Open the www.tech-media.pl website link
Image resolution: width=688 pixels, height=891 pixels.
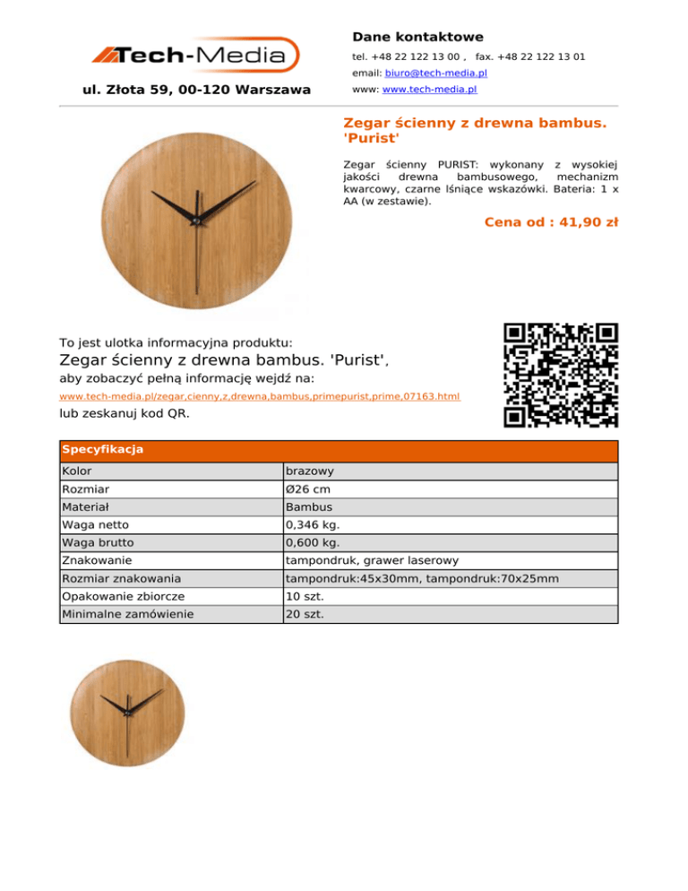[x=429, y=91]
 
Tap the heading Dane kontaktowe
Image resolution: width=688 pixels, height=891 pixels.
[x=417, y=37]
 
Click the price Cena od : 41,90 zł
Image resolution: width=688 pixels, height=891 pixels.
[x=551, y=222]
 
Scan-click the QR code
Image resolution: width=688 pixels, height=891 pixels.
[x=561, y=375]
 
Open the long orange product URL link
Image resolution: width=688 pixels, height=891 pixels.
[x=260, y=395]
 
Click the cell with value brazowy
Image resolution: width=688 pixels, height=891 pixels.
[x=310, y=471]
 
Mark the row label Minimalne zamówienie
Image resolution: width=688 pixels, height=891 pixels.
[x=127, y=614]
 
